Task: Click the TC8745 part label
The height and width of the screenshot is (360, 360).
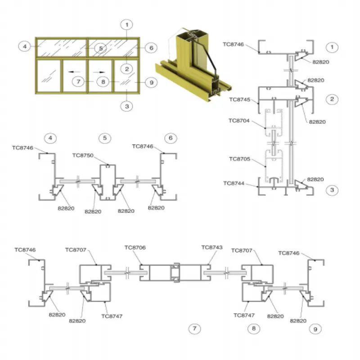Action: click(x=240, y=99)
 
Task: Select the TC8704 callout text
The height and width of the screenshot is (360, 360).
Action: click(x=239, y=121)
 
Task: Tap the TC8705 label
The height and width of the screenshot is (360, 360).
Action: click(x=240, y=159)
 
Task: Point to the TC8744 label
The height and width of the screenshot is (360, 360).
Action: click(x=234, y=183)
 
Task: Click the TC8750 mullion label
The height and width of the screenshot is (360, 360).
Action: click(x=83, y=155)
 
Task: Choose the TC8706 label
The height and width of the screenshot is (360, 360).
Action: click(x=135, y=247)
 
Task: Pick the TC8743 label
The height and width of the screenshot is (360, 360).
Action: click(x=212, y=247)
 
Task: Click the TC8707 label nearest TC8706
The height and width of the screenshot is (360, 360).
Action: click(x=76, y=250)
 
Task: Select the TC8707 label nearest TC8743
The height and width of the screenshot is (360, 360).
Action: click(x=242, y=250)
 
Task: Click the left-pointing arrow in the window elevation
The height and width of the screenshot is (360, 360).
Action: click(x=74, y=72)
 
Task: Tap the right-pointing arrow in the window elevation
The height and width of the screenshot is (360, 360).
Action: click(x=99, y=72)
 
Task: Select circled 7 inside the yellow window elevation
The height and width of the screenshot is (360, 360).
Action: click(x=78, y=81)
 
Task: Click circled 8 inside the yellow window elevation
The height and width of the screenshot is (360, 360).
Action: click(x=103, y=82)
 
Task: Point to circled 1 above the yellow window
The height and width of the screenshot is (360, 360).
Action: click(x=127, y=25)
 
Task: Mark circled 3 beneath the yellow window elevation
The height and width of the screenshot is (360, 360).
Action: click(x=127, y=106)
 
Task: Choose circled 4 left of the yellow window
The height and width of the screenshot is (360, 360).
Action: click(x=25, y=47)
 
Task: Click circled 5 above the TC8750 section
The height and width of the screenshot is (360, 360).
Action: click(x=105, y=138)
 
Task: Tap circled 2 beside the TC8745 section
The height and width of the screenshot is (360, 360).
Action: click(x=332, y=99)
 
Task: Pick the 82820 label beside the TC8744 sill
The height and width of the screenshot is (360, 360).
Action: click(x=315, y=179)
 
